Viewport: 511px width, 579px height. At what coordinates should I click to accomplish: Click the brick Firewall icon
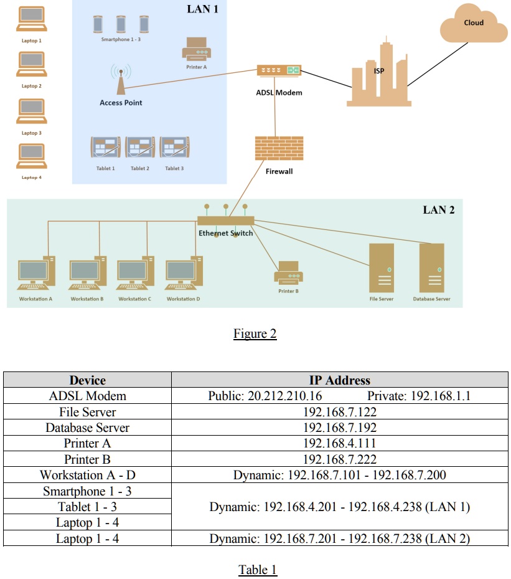coord(279,149)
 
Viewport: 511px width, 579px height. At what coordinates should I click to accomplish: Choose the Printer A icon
coord(196,49)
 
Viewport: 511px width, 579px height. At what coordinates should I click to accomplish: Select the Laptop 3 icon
coord(30,113)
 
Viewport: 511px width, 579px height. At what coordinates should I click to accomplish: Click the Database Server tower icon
coord(431,268)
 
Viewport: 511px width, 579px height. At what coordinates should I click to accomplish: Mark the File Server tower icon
coord(382,268)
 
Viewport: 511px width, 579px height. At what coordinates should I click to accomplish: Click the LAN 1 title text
coord(203,9)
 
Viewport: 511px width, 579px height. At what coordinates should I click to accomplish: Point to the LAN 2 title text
coord(438,209)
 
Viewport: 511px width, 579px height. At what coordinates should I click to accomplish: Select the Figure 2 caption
coord(255,333)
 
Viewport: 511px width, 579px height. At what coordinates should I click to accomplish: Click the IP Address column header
coord(339,380)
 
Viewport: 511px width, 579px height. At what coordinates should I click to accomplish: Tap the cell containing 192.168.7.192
coord(339,428)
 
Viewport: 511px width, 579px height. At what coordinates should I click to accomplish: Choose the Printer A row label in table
coord(88,444)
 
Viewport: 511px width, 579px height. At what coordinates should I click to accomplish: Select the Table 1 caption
coord(257,569)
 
